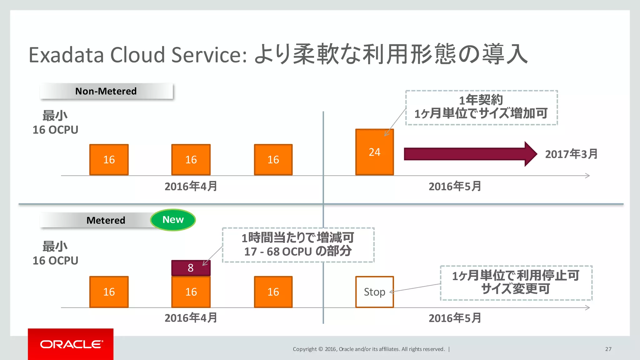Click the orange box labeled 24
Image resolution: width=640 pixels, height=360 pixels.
tap(374, 152)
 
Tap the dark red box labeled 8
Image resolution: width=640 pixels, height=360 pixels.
tap(191, 268)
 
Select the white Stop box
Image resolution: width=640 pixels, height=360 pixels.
tap(374, 292)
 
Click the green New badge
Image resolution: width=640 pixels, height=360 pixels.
tap(173, 220)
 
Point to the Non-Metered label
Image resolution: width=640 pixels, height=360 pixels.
tap(106, 91)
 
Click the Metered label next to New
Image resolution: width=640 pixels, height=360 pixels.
tap(106, 220)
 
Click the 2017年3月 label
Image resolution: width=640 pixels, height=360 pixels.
tap(571, 154)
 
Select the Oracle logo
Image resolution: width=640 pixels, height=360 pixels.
tap(71, 344)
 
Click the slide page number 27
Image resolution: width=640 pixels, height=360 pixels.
tap(608, 349)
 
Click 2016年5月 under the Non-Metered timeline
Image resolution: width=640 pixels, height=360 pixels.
tap(455, 187)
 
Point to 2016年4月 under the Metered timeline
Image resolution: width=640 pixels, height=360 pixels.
tap(191, 318)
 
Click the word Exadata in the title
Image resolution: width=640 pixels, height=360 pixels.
tap(66, 55)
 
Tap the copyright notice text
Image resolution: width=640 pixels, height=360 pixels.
tap(368, 349)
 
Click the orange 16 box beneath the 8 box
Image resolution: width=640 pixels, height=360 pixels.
tap(191, 292)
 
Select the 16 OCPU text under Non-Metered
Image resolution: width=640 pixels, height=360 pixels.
tap(55, 130)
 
